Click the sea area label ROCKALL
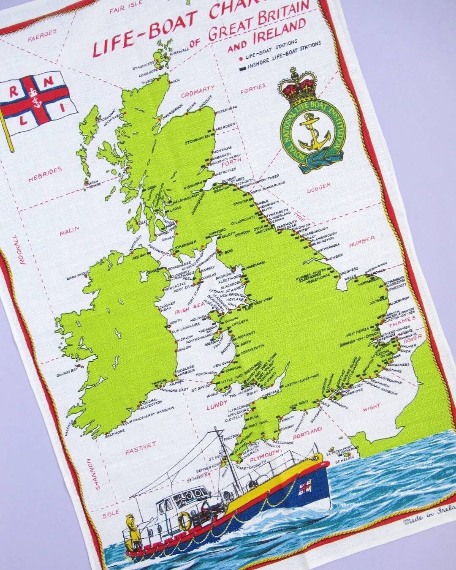(x=22, y=249)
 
